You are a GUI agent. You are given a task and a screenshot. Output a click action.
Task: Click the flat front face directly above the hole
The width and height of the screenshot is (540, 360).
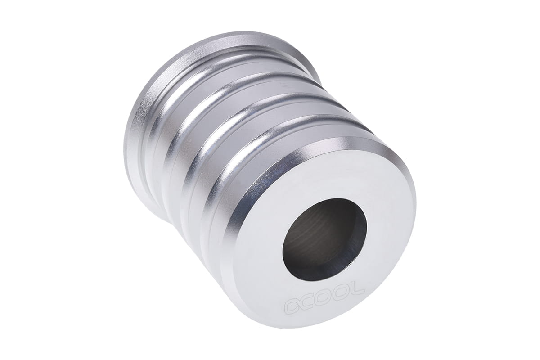(320, 183)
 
